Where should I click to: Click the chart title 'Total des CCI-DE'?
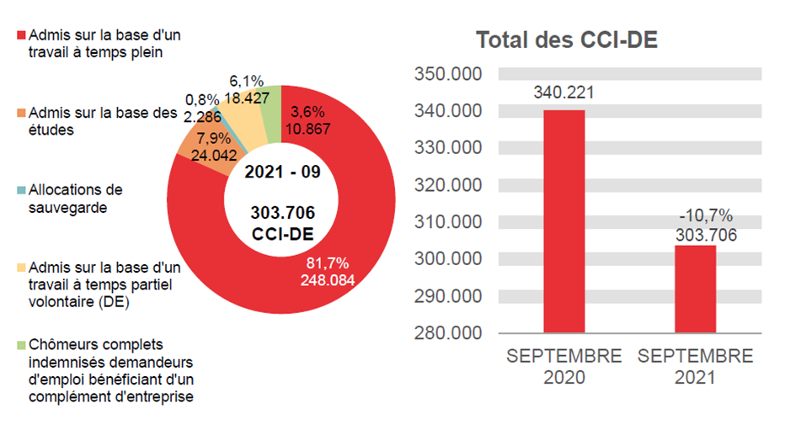point(566,40)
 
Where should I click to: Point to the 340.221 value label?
point(564,93)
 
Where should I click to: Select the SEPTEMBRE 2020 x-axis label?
point(564,367)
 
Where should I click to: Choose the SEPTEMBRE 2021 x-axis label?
point(695,367)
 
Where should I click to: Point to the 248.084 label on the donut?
point(328,279)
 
